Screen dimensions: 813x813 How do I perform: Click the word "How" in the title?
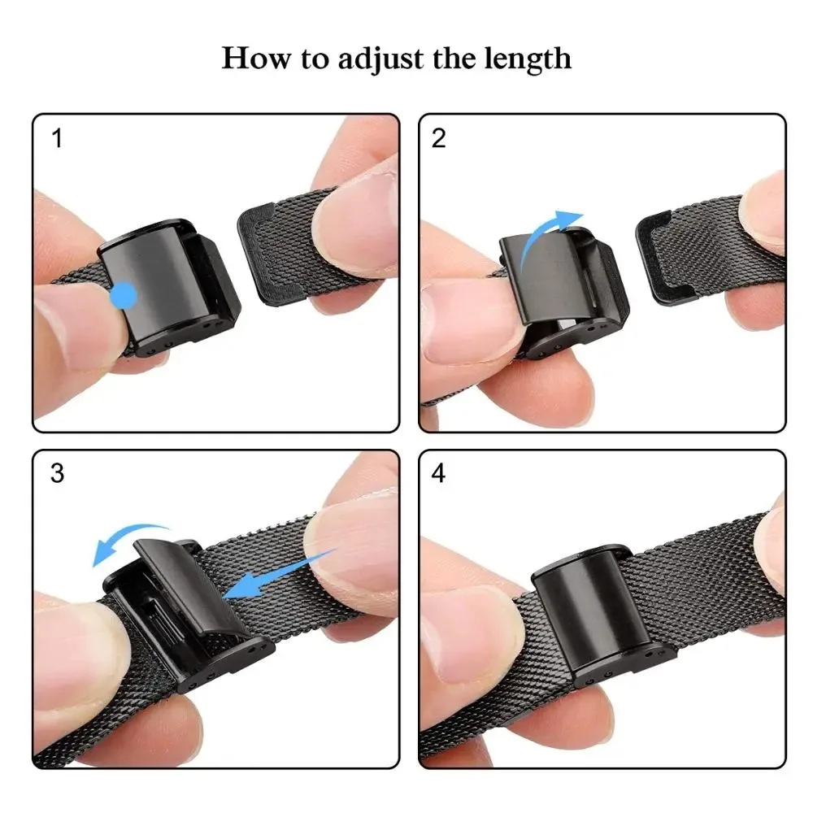(x=252, y=59)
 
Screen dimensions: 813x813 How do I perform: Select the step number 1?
(x=57, y=138)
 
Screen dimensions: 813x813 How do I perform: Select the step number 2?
(x=439, y=138)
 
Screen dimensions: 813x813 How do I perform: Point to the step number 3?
(x=57, y=473)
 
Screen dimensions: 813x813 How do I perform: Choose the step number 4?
(x=439, y=473)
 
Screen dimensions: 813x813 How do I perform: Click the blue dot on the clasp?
(x=124, y=295)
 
